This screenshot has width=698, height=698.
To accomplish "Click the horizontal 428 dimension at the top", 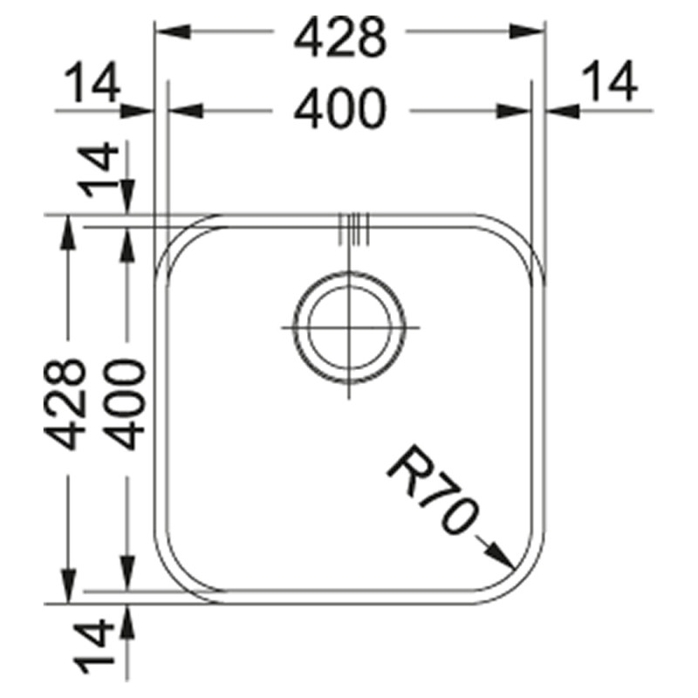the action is (x=340, y=38).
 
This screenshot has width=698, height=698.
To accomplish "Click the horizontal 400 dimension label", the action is (x=339, y=108).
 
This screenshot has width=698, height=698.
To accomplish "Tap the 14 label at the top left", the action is (x=92, y=82).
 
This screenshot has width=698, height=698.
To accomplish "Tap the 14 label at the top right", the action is (x=610, y=81).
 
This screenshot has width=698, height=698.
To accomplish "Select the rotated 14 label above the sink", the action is (x=99, y=169).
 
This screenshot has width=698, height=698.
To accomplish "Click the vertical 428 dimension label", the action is (x=64, y=404).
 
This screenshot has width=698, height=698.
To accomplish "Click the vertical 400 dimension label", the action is (x=126, y=404).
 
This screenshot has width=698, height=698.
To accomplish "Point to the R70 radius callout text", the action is (x=433, y=489).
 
